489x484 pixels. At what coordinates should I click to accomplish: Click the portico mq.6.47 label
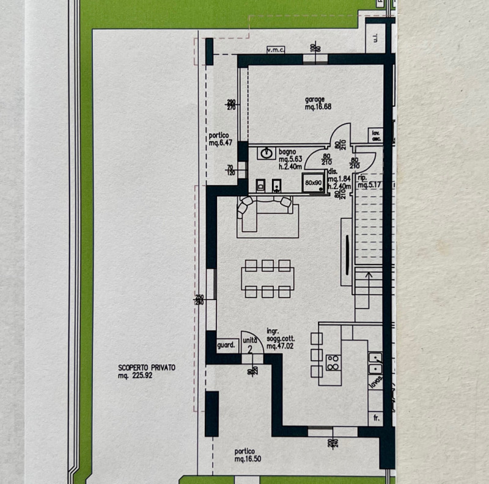(x=219, y=139)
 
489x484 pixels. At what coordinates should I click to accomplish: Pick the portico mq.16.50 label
(x=248, y=455)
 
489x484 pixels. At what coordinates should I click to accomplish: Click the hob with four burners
(x=334, y=363)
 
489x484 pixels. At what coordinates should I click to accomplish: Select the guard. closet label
(x=227, y=345)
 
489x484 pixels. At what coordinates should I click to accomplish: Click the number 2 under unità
(x=251, y=350)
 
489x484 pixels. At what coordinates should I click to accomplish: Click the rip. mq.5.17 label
(x=369, y=182)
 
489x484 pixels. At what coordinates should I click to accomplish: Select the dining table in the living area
(x=267, y=278)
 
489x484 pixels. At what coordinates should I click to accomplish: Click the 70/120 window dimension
(x=230, y=170)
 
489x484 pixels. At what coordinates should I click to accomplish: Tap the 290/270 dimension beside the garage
(x=231, y=105)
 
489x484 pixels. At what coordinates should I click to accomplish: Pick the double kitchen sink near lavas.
(x=375, y=363)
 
